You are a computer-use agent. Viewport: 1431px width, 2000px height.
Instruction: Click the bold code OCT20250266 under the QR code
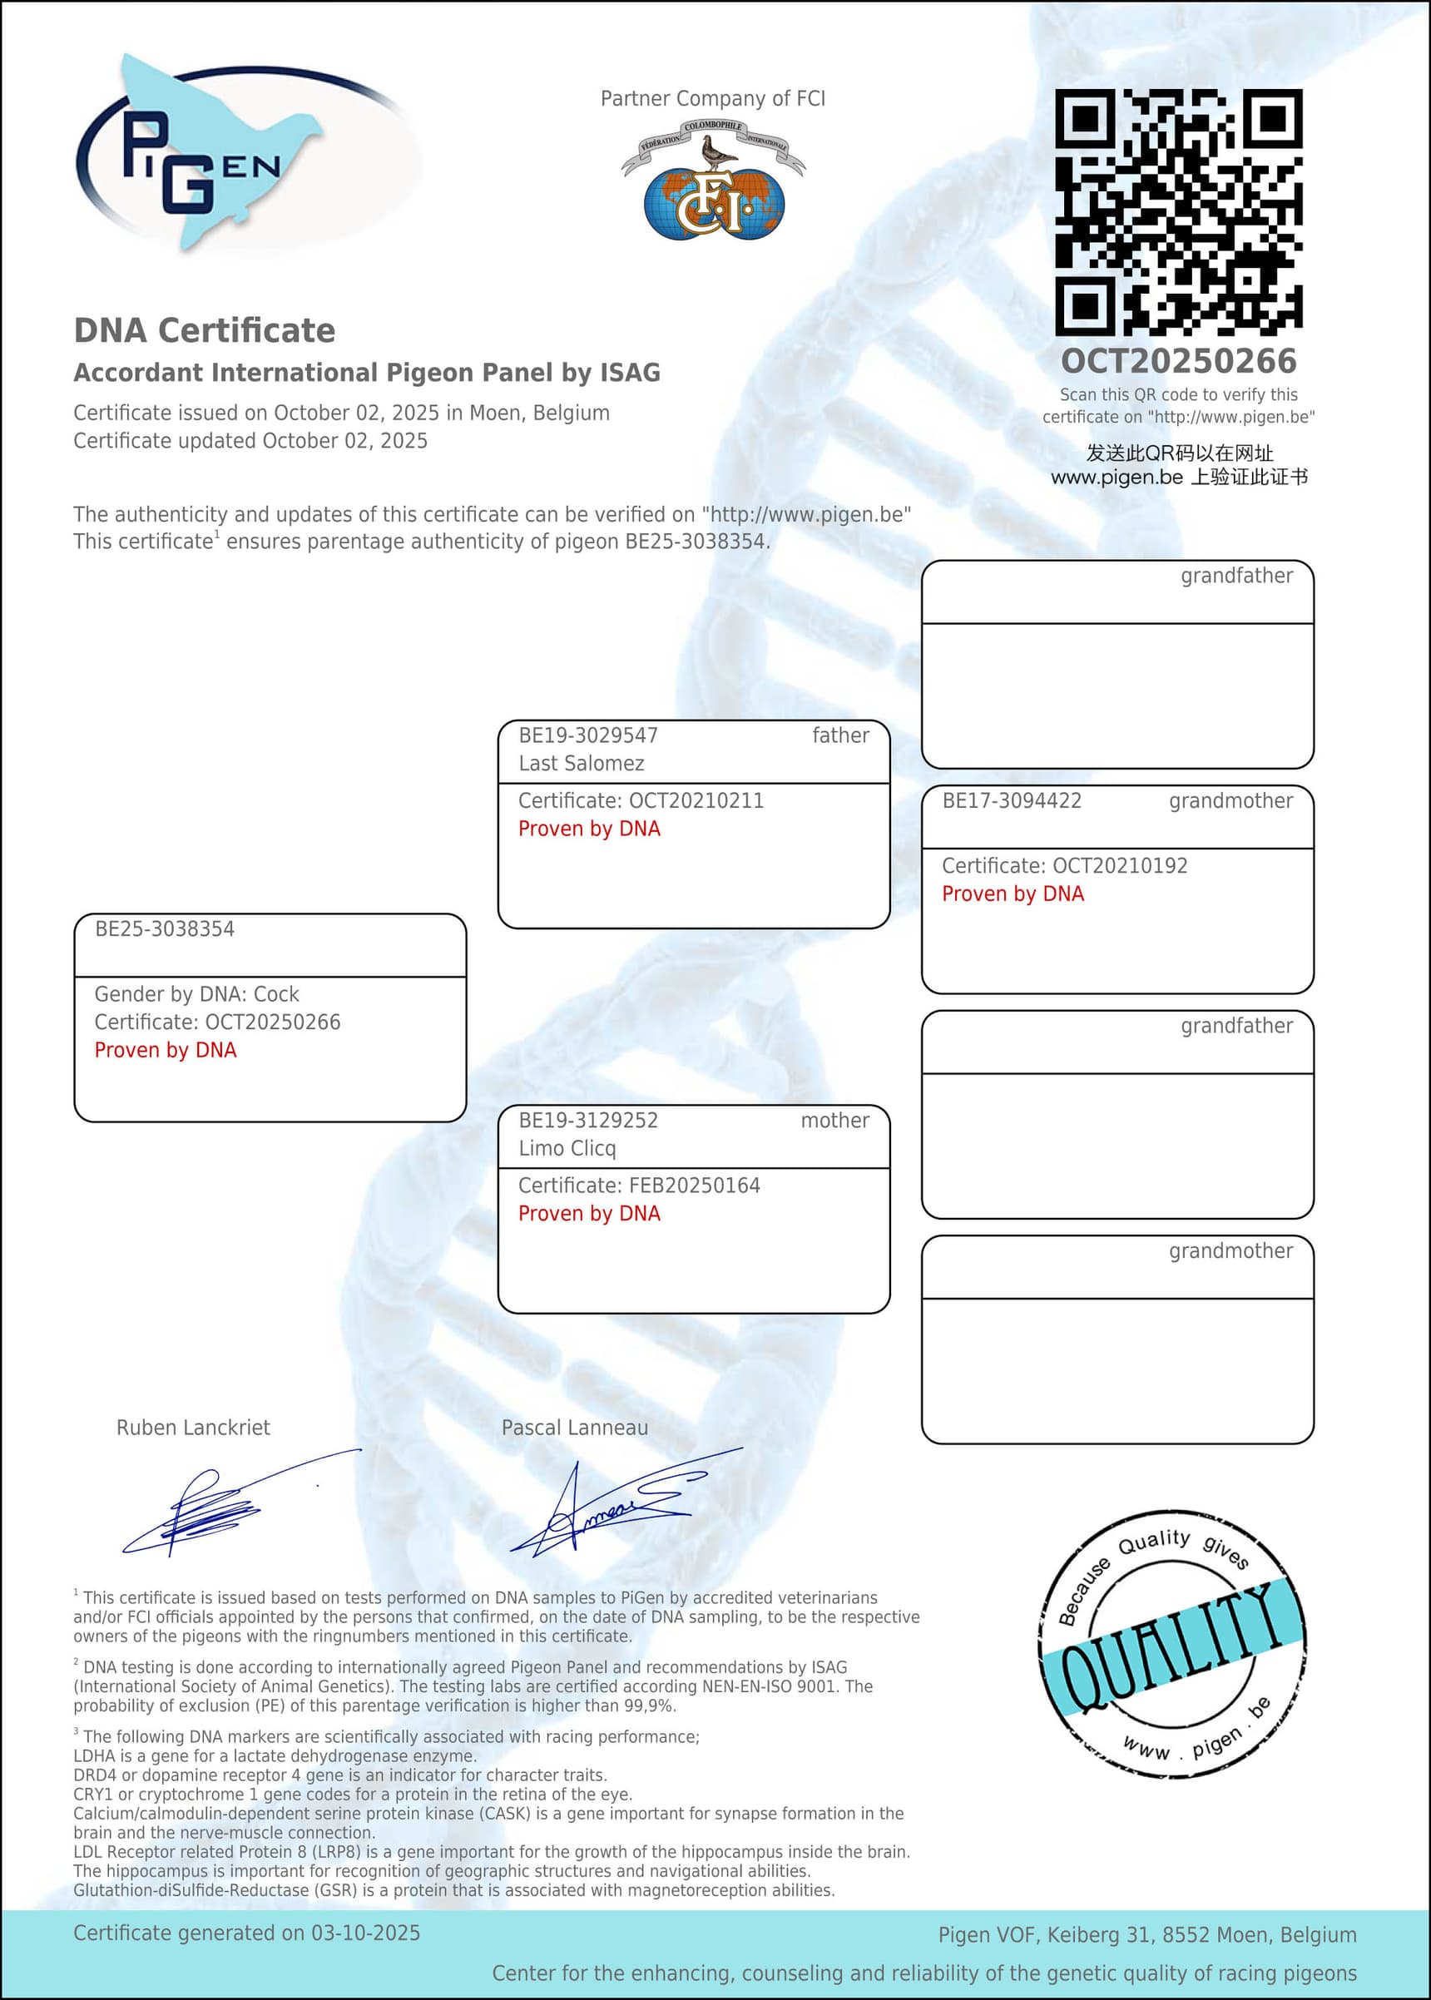[1178, 361]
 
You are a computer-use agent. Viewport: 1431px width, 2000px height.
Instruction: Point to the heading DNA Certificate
[205, 330]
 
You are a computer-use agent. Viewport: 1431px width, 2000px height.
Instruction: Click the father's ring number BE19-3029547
[587, 735]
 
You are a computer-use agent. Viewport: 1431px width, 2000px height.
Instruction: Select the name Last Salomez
[581, 763]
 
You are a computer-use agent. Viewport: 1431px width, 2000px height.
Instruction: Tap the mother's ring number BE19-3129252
[587, 1120]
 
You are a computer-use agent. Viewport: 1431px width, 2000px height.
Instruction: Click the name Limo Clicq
[567, 1148]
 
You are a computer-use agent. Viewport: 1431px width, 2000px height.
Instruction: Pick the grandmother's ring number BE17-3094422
[1012, 800]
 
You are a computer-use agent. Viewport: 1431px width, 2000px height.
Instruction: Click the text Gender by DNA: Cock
[196, 994]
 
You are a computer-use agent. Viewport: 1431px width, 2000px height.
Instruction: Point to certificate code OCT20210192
[1120, 865]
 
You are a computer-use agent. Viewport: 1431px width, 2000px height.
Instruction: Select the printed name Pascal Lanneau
[575, 1428]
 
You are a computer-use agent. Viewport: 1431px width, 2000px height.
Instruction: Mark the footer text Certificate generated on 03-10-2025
[247, 1933]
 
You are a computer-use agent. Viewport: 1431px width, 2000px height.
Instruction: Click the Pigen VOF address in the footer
[1146, 1935]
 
